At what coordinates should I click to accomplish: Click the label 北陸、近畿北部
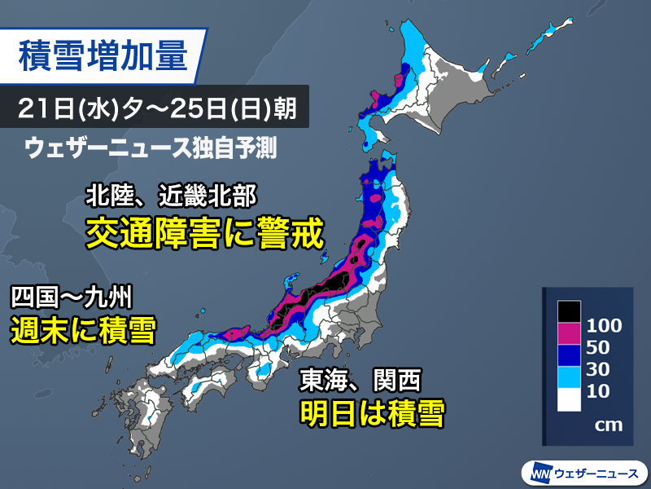click(173, 196)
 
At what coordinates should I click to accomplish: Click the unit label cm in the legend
click(604, 425)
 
